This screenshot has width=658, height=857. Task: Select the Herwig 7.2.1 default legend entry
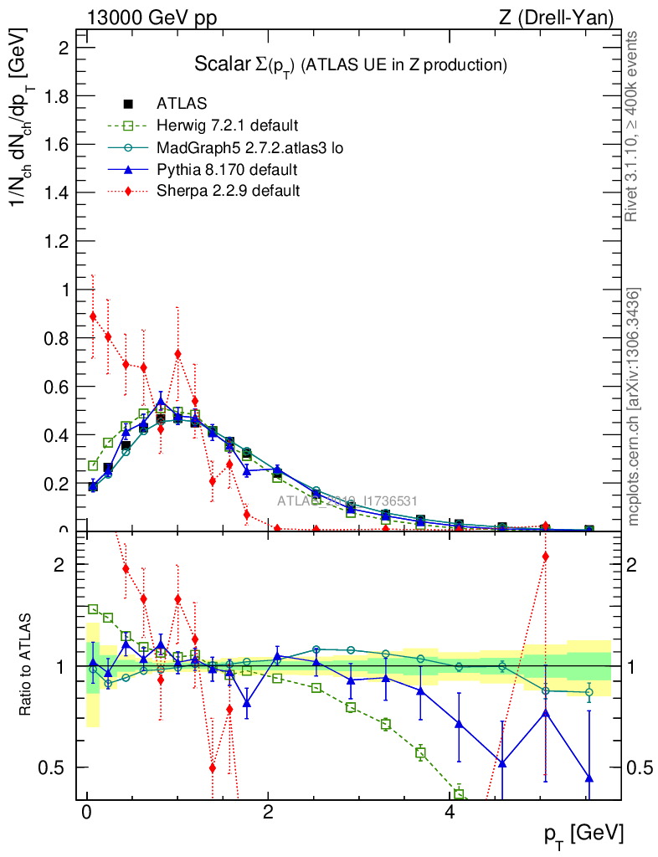[x=227, y=126]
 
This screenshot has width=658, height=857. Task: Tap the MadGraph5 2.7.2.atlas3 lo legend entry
[x=249, y=148]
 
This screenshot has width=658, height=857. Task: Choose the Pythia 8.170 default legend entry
[x=227, y=170]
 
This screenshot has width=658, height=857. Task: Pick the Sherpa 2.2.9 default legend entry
[x=228, y=192]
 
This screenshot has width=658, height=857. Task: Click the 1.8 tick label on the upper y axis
[x=55, y=96]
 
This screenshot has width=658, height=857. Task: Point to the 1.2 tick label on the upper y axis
[x=55, y=242]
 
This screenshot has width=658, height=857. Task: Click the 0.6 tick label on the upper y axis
[x=55, y=387]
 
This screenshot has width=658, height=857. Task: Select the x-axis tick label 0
[x=86, y=813]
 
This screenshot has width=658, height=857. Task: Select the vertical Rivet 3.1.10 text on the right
[x=632, y=126]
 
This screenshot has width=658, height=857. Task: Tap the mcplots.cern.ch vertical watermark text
[x=634, y=407]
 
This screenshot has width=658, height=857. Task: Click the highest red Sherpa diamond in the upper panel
[x=93, y=316]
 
